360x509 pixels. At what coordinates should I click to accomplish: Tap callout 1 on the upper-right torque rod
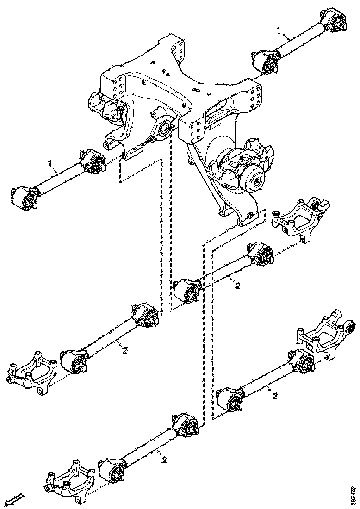(x=279, y=30)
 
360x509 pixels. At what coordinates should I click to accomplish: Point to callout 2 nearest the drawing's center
(x=237, y=286)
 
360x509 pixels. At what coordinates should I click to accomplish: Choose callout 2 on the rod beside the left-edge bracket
(x=125, y=350)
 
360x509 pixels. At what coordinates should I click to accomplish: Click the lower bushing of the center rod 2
(x=188, y=292)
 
